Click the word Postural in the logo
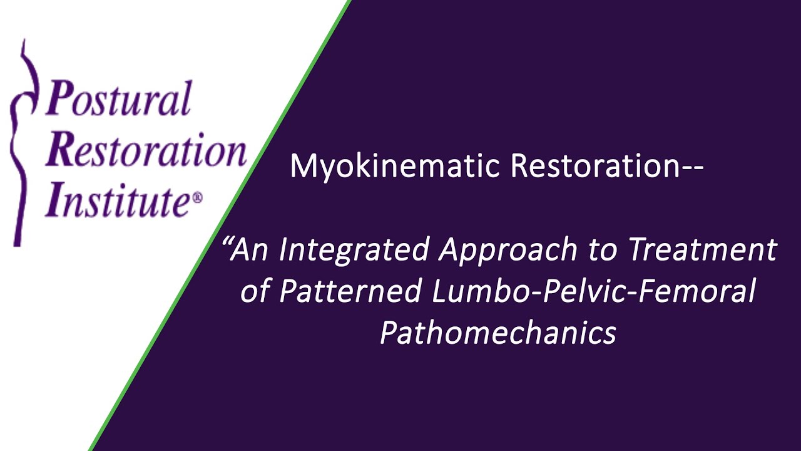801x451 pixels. click(x=118, y=98)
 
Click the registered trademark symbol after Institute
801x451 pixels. click(x=198, y=197)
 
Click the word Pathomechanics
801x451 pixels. click(x=498, y=333)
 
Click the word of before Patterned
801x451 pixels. click(x=254, y=291)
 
